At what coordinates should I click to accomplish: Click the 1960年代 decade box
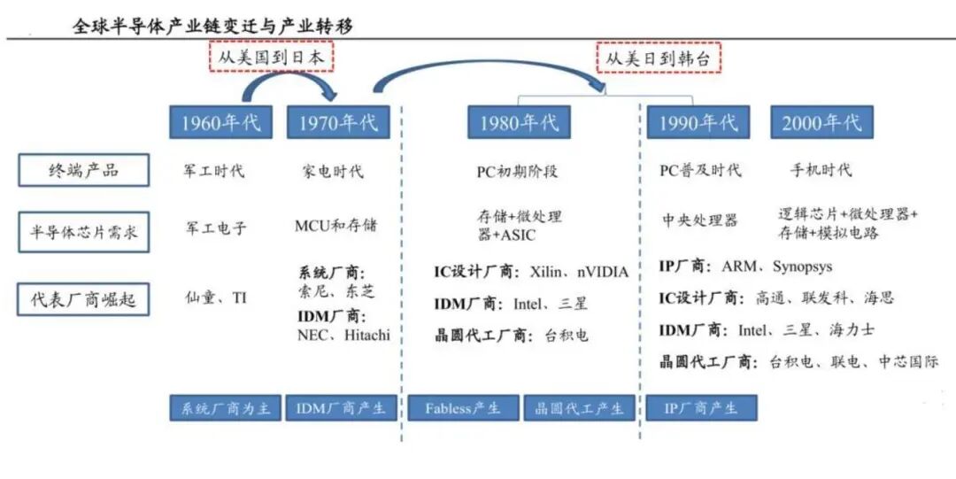coord(221,122)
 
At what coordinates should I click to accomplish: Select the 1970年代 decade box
coord(338,122)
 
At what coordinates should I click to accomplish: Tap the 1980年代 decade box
coord(520,122)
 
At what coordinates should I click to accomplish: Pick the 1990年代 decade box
coord(698,122)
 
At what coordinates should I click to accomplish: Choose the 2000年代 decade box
coord(821,122)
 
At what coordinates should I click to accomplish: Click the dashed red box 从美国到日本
coord(271,58)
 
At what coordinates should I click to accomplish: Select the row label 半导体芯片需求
coord(82,232)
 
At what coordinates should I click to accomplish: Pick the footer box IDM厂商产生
coord(341,408)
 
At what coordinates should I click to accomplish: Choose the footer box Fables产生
coord(463,408)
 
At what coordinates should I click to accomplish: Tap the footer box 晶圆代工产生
coord(580,408)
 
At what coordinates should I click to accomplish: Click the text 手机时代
coord(821,170)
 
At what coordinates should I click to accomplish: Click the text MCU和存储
coord(335,225)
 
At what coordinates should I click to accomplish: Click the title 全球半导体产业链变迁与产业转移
coord(212,26)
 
